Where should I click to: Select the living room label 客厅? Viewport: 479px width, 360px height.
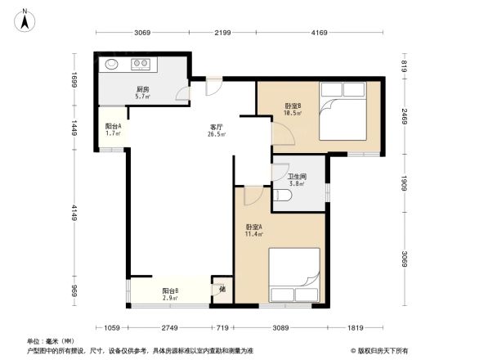click(217, 128)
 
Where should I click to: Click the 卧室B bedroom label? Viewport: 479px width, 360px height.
click(293, 106)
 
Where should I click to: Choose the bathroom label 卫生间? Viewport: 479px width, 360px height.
click(296, 176)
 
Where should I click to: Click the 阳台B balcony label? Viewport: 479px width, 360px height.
click(171, 290)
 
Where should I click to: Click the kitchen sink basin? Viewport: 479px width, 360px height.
click(111, 63)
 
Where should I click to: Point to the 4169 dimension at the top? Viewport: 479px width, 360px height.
click(319, 33)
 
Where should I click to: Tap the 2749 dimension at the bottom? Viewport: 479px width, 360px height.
click(169, 328)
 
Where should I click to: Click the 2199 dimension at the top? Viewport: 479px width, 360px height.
click(223, 33)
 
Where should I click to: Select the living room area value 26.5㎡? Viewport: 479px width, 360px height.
click(217, 136)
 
